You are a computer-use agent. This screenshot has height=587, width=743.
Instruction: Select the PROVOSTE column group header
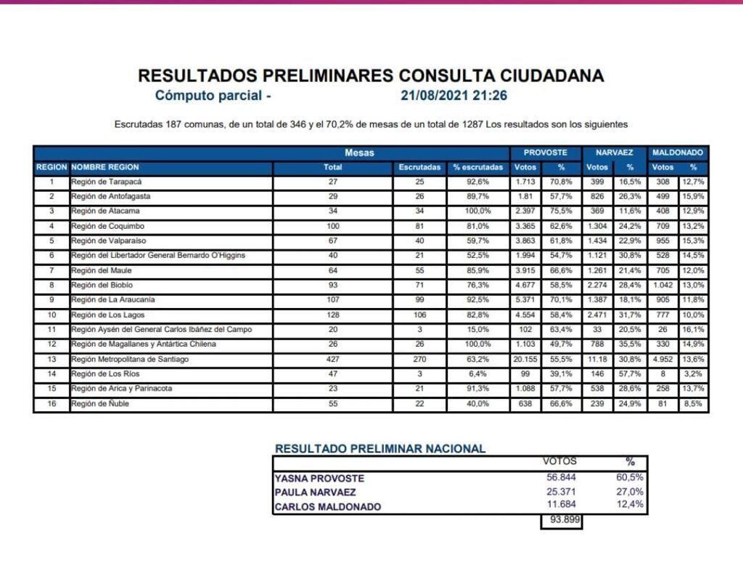pos(545,153)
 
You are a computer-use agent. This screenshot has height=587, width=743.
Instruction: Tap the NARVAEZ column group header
pos(614,153)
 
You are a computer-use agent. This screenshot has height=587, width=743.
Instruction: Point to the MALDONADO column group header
pos(677,153)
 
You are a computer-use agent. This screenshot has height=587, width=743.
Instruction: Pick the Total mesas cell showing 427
pos(332,359)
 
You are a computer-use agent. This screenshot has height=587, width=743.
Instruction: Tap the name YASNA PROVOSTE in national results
pos(319,479)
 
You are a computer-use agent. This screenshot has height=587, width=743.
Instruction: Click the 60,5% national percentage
pos(629,477)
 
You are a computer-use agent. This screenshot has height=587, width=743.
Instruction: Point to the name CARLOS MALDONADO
pos(327,507)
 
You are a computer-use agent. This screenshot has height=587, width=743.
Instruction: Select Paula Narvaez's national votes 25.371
pos(561,492)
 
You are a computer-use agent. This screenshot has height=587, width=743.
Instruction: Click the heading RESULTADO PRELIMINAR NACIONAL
pos(380,449)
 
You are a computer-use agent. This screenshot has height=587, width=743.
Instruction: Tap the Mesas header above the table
pos(360,153)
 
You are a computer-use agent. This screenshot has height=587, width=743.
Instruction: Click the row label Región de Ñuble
pos(100,404)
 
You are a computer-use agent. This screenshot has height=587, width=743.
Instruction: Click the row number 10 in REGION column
pos(51,315)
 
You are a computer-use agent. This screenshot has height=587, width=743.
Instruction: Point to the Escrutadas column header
pos(419,167)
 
